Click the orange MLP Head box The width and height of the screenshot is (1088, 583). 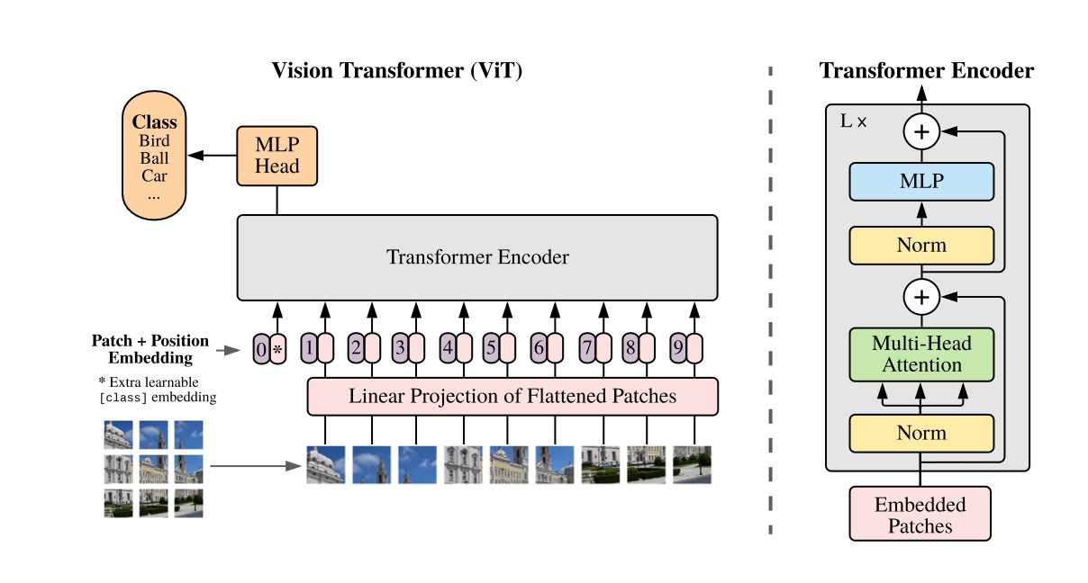pyautogui.click(x=277, y=156)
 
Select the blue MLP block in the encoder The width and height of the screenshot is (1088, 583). pyautogui.click(x=921, y=182)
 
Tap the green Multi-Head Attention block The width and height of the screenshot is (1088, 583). pyautogui.click(x=921, y=354)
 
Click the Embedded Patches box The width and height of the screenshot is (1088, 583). pyautogui.click(x=920, y=514)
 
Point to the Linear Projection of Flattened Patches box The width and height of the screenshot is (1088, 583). pyautogui.click(x=512, y=396)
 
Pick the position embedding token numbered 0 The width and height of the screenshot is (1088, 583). pyautogui.click(x=261, y=349)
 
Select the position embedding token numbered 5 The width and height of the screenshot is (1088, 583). pyautogui.click(x=491, y=348)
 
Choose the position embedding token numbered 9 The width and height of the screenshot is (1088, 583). pyautogui.click(x=678, y=348)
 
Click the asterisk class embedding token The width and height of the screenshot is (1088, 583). pyautogui.click(x=277, y=349)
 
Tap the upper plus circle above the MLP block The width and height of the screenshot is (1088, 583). pyautogui.click(x=921, y=131)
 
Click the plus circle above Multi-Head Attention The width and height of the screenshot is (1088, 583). pyautogui.click(x=921, y=297)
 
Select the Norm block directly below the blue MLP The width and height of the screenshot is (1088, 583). pyautogui.click(x=921, y=246)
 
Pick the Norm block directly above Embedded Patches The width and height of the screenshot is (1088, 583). pyautogui.click(x=921, y=433)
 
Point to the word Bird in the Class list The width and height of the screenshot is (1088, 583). pyautogui.click(x=154, y=140)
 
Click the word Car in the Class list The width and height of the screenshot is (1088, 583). pyautogui.click(x=154, y=175)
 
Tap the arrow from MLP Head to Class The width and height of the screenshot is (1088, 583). pyautogui.click(x=213, y=156)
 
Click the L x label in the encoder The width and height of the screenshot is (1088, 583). pyautogui.click(x=854, y=121)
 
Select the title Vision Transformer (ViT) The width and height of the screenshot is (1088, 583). pyautogui.click(x=397, y=71)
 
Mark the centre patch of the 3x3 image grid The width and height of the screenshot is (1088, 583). pyautogui.click(x=153, y=469)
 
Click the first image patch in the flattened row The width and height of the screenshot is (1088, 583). pyautogui.click(x=326, y=464)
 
